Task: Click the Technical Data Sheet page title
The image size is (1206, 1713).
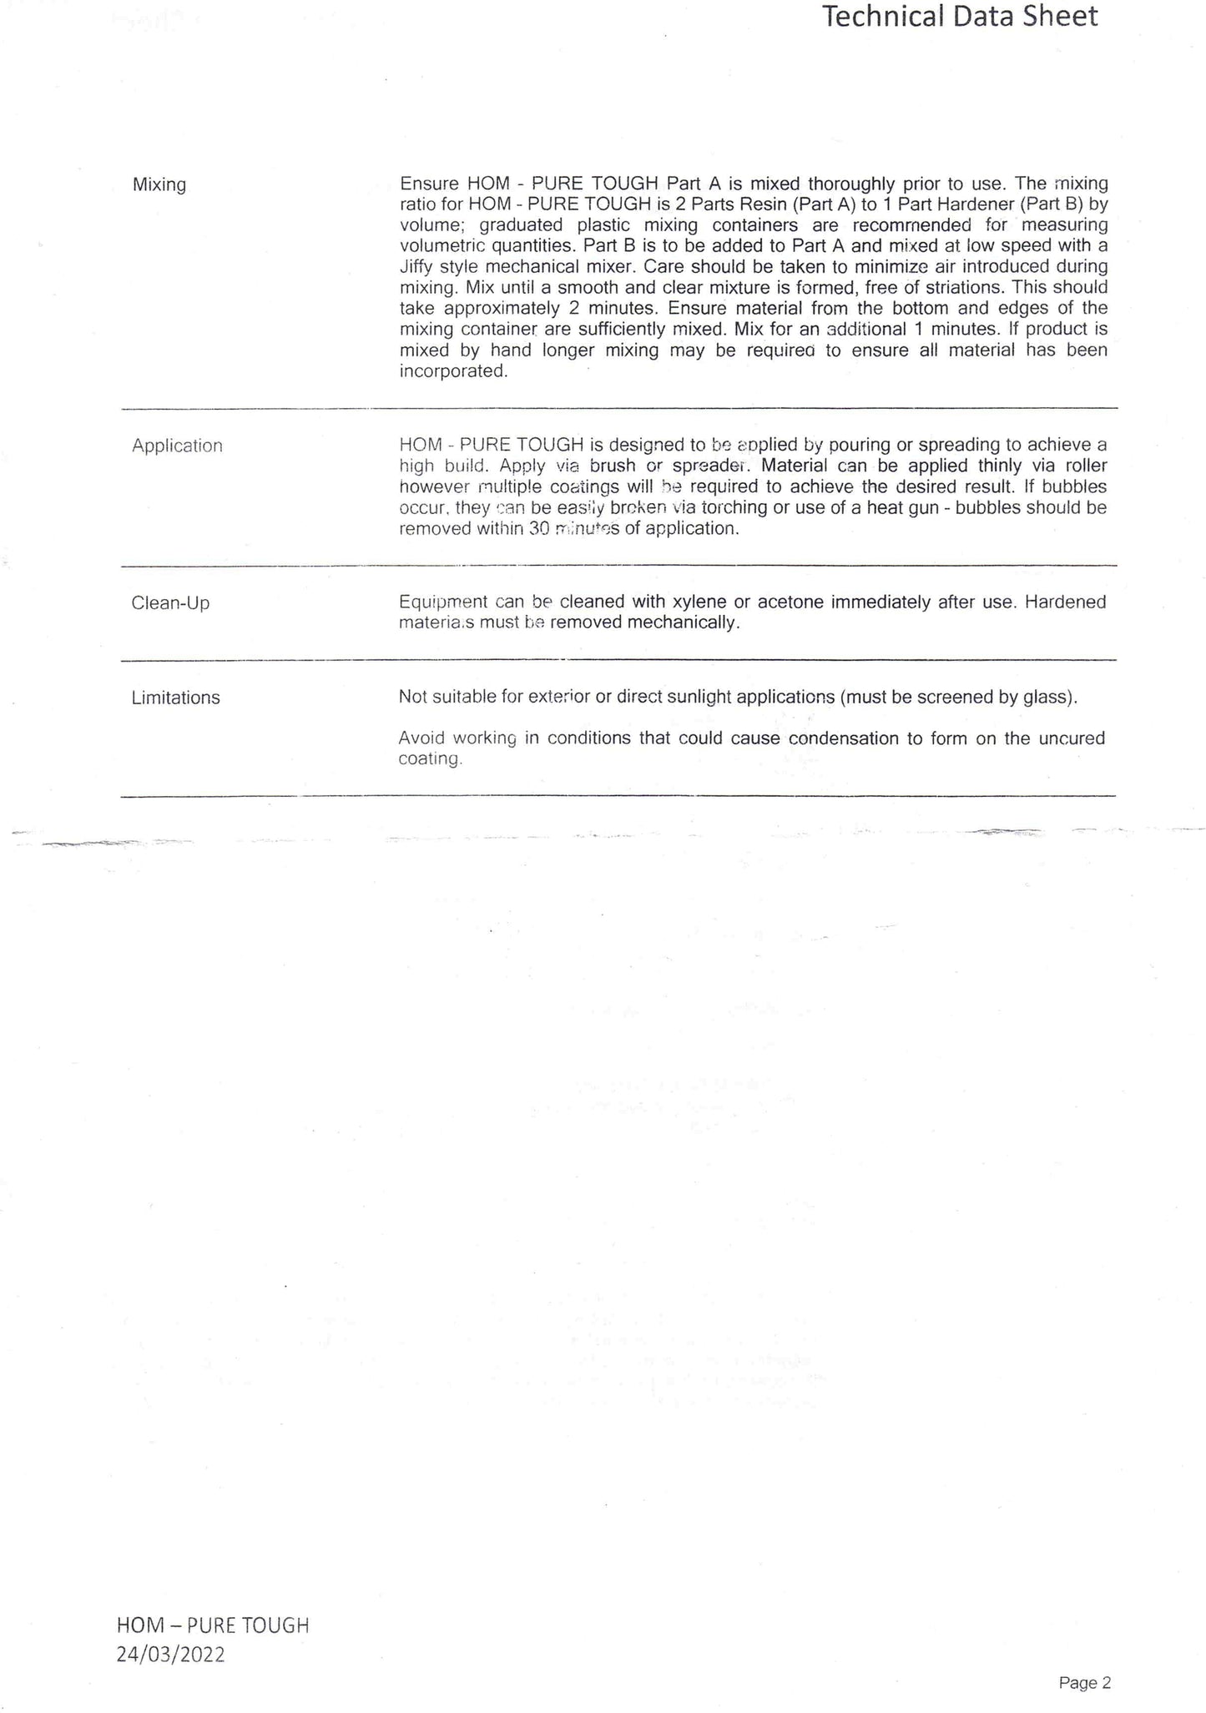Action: [960, 17]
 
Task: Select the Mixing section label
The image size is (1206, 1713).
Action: [159, 184]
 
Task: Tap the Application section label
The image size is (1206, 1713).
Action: [177, 446]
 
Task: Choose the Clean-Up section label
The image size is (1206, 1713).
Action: [170, 602]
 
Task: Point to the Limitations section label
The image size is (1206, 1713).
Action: [175, 698]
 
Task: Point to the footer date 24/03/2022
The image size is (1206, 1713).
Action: [171, 1655]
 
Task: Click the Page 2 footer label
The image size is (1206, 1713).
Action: [1085, 1683]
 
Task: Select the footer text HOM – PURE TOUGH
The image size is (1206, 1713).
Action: [213, 1625]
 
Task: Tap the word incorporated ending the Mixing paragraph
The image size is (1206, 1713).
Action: [453, 371]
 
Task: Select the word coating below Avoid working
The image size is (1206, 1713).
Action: [429, 759]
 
